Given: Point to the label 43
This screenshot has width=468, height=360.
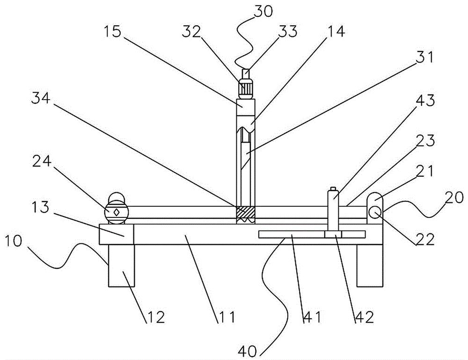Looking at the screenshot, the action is pyautogui.click(x=425, y=101).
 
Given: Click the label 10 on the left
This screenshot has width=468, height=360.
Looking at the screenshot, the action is pyautogui.click(x=13, y=241).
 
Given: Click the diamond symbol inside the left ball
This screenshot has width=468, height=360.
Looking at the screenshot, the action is pyautogui.click(x=116, y=212).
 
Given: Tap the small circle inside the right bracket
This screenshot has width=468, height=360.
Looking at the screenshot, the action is pyautogui.click(x=374, y=212).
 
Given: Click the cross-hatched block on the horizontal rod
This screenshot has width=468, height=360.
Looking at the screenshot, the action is pyautogui.click(x=246, y=212).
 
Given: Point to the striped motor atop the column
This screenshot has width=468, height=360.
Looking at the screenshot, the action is pyautogui.click(x=246, y=88).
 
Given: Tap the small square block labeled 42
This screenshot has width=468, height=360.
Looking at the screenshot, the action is pyautogui.click(x=333, y=234).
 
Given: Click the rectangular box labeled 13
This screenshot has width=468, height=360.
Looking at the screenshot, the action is pyautogui.click(x=116, y=234).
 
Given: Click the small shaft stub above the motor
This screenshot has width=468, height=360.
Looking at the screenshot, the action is pyautogui.click(x=246, y=74).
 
